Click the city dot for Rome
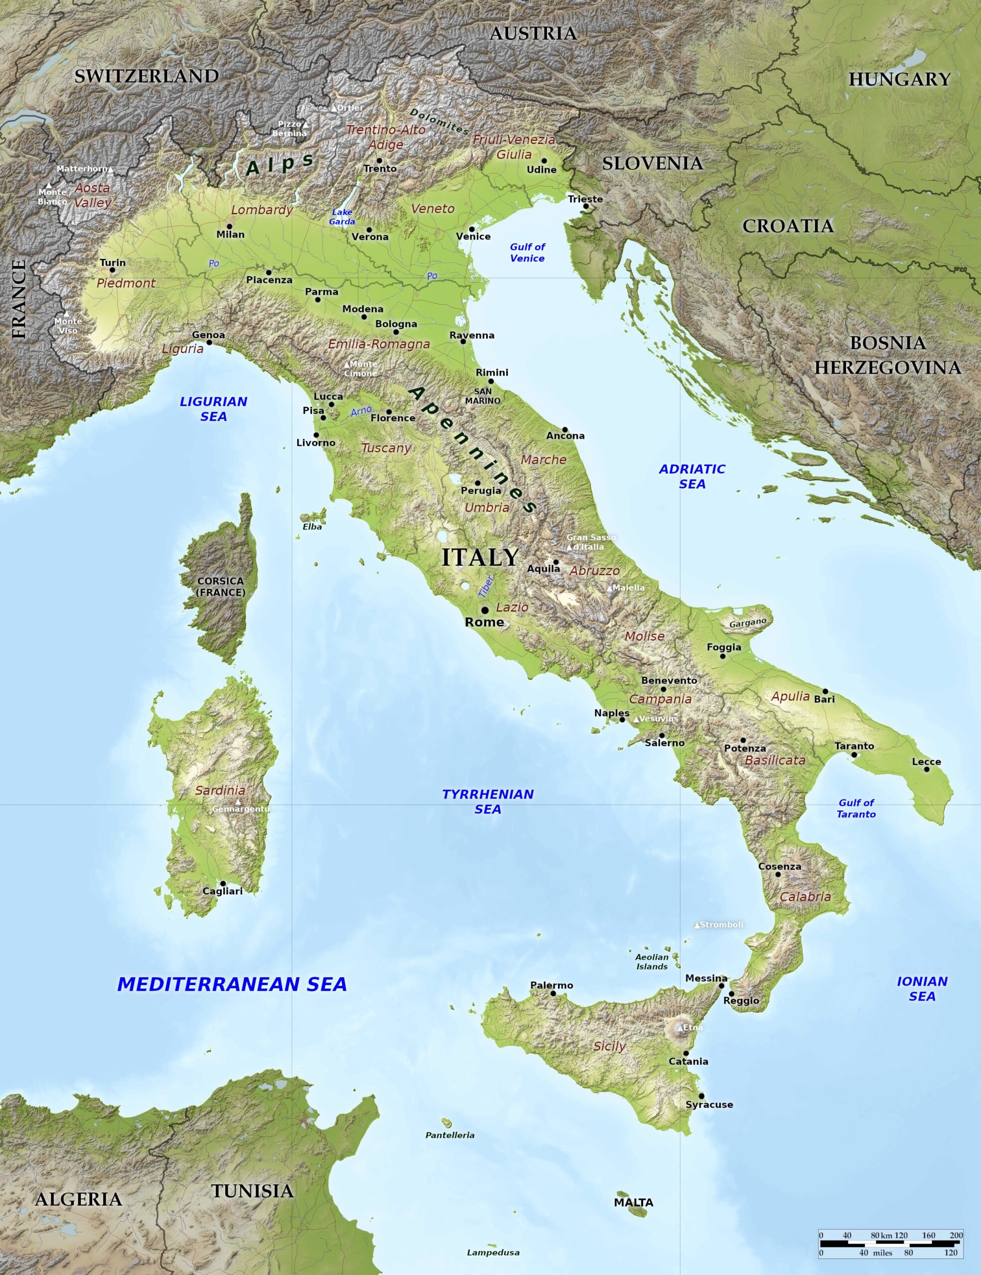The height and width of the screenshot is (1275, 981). (x=485, y=610)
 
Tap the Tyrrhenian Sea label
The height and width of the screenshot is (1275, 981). (x=488, y=801)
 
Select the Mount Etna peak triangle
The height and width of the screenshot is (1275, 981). (x=680, y=1027)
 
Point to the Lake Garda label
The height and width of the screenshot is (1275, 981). (x=342, y=217)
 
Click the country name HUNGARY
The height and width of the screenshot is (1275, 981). (x=899, y=79)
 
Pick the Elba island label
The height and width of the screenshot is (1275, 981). (x=312, y=526)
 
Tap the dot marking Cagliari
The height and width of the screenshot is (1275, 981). (x=223, y=884)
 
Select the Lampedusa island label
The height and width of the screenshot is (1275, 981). (x=493, y=1252)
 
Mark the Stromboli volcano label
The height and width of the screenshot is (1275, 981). (x=721, y=925)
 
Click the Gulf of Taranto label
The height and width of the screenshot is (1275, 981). (x=856, y=808)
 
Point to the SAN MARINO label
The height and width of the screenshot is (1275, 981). (x=482, y=396)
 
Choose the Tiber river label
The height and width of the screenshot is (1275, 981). (x=486, y=586)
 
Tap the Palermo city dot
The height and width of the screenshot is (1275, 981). (x=553, y=993)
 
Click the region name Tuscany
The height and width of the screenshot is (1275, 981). (x=386, y=448)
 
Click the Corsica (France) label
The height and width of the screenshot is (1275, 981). (x=220, y=587)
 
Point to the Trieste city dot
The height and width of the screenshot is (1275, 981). (x=586, y=206)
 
